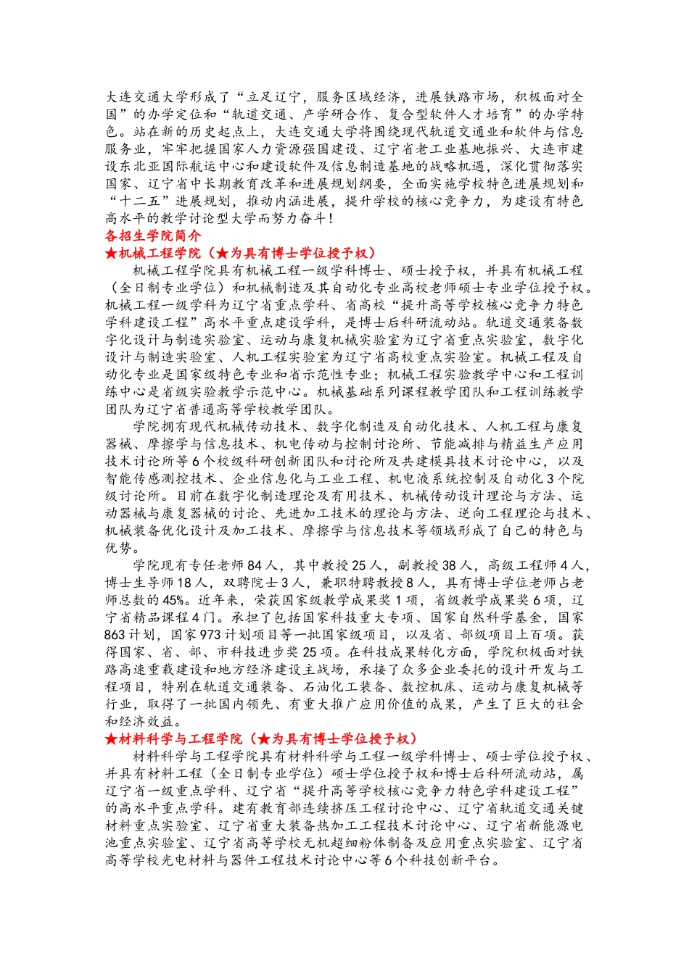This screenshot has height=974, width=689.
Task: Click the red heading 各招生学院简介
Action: click(153, 236)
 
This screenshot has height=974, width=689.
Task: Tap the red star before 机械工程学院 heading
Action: click(111, 253)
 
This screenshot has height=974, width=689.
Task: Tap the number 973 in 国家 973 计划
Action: click(211, 635)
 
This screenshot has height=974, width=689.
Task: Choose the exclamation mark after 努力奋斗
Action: click(331, 218)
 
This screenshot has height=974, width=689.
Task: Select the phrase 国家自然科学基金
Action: click(486, 617)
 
